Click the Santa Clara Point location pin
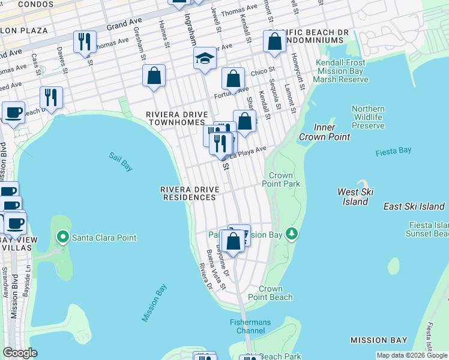point(62,238)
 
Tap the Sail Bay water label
point(121,161)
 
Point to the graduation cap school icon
point(204,59)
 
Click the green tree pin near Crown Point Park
point(292,233)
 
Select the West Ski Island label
point(355,197)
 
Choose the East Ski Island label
point(414,206)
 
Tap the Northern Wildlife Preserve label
point(368,117)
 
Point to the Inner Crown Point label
point(332,133)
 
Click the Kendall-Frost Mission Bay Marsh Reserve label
point(341,71)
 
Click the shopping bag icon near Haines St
point(154,76)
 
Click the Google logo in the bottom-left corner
point(20,352)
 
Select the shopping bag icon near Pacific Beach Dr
point(274,41)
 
